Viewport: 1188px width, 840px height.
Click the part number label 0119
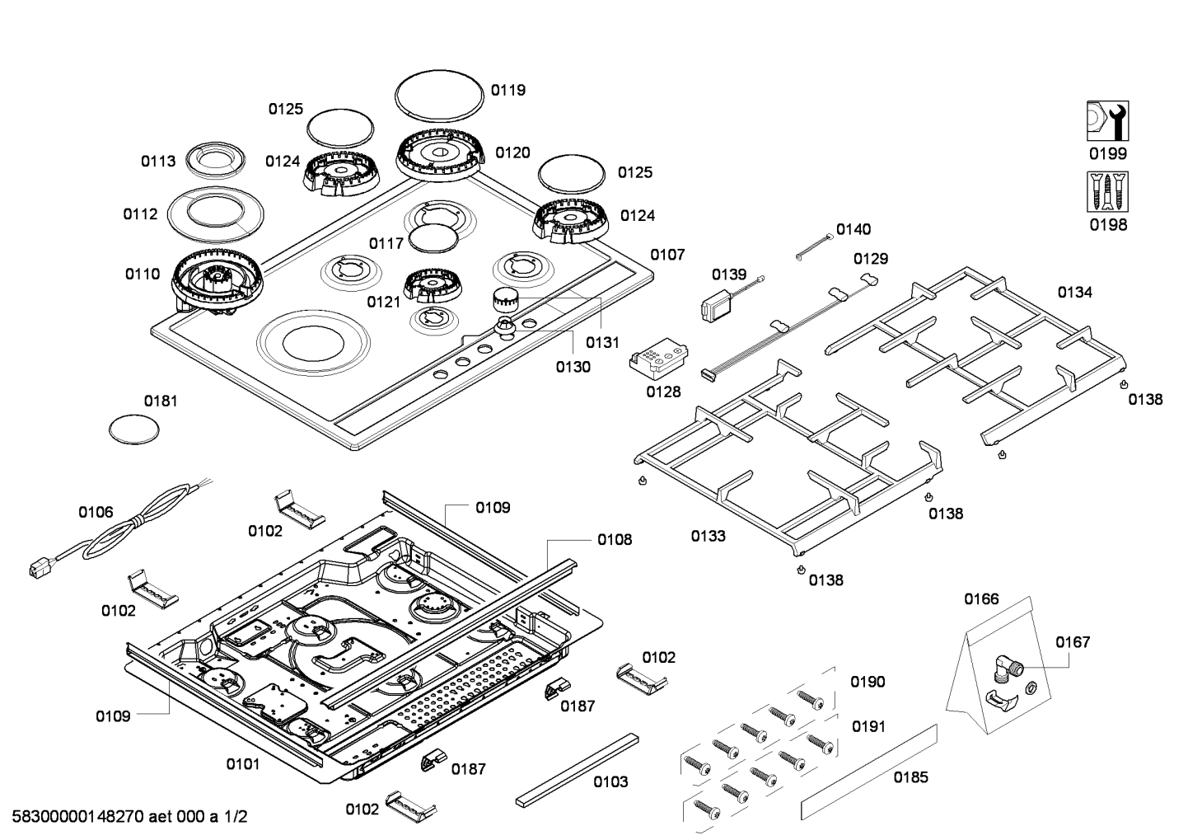click(x=507, y=91)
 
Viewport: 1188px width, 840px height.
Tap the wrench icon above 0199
click(x=1107, y=121)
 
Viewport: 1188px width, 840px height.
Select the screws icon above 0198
click(x=1107, y=191)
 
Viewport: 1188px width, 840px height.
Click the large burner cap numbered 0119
click(x=438, y=95)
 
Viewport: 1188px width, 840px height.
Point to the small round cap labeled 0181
click(x=133, y=429)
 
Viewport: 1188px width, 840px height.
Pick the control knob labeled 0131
click(x=503, y=299)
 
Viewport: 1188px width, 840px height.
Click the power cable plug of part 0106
click(x=38, y=568)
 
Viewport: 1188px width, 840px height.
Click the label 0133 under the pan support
click(x=708, y=537)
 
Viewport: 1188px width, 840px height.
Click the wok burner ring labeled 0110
click(x=217, y=279)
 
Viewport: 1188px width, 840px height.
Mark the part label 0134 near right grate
click(x=1074, y=293)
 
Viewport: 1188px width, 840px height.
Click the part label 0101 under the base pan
click(x=242, y=764)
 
